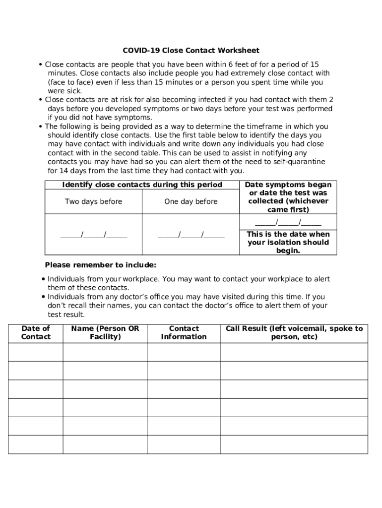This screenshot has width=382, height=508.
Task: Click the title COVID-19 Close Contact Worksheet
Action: (191, 51)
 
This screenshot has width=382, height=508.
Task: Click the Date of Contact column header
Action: (36, 333)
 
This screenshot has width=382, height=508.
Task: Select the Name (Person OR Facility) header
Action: (105, 333)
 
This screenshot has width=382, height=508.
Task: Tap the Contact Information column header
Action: (184, 333)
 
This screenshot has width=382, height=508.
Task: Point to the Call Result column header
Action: (294, 333)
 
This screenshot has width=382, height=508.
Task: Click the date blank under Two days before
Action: (94, 235)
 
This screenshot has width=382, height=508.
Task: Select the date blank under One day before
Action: (191, 235)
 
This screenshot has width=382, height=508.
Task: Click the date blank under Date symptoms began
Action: (288, 222)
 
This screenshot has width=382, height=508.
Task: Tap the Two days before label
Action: (93, 201)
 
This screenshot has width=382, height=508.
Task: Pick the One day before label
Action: (191, 201)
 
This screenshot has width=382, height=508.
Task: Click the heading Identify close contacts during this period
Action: (142, 185)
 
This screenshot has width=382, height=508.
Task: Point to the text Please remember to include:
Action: (101, 265)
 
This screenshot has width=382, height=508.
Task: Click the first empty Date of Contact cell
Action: (36, 352)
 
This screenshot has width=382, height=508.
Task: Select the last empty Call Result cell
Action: (294, 444)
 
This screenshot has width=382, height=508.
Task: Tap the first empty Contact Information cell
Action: (184, 352)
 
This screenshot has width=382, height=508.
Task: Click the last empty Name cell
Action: (105, 444)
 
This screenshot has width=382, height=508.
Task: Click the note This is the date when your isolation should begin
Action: (288, 243)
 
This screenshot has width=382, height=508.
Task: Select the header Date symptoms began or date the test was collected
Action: (288, 197)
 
